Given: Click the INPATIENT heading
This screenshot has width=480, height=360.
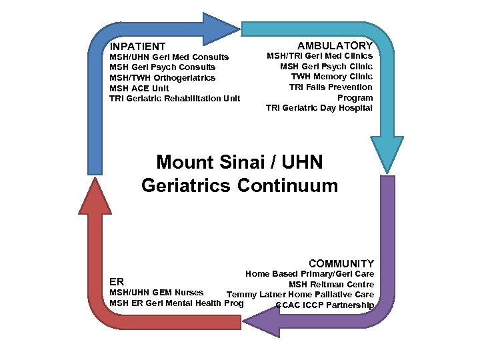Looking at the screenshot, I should pos(138,47).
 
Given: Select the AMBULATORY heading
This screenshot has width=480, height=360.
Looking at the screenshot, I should pos(335,45).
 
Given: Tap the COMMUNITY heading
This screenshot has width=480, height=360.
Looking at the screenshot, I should pos(341,264).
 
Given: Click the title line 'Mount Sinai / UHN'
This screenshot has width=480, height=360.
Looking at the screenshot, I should pos(240,162).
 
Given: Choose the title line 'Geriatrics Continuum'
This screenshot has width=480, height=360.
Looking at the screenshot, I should pos(240,185).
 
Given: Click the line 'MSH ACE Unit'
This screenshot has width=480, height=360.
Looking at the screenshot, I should pos(139,88).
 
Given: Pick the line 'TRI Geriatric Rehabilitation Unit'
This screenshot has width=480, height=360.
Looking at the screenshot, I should pos(175,99).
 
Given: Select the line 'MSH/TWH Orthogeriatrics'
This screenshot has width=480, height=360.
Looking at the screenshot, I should pos(163,77).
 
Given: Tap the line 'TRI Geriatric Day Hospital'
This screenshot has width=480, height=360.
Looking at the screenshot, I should pos(319,108).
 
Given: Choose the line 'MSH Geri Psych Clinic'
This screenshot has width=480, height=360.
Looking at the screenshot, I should pos(326,66).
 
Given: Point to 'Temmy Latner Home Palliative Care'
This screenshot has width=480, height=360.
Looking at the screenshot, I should pos(300,295).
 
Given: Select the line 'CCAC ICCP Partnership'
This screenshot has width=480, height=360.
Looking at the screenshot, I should pos(325,306).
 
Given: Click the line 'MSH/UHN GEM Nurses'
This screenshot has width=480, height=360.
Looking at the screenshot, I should pos(157,292).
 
